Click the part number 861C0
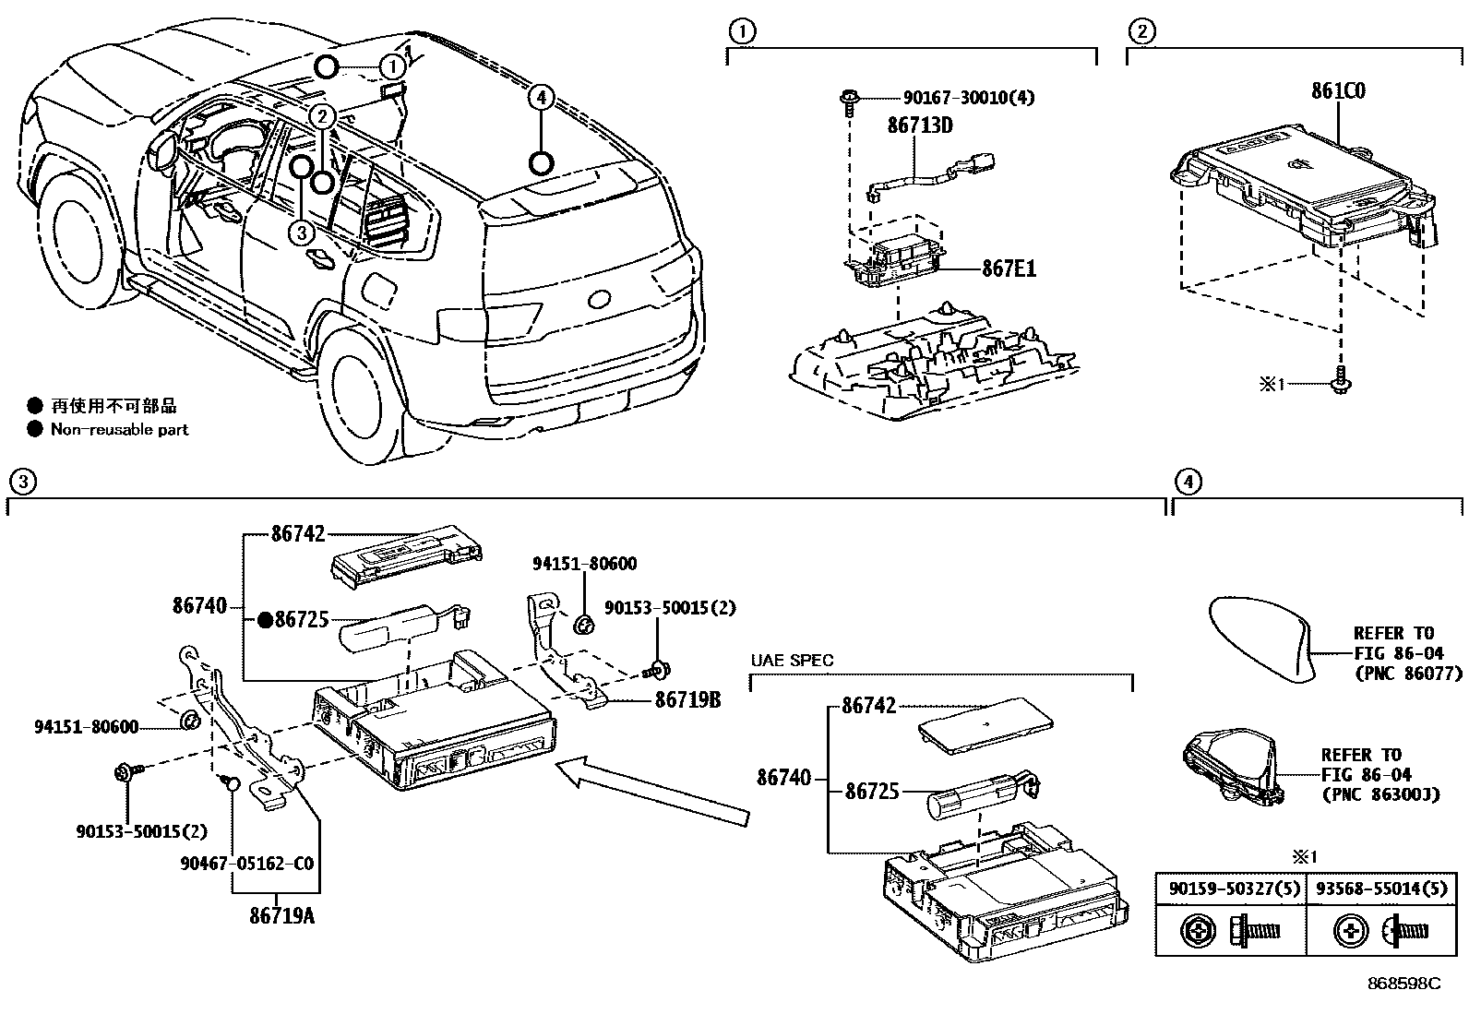click(x=1338, y=91)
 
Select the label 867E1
click(x=1009, y=268)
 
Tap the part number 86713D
click(x=919, y=125)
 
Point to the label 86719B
click(x=687, y=700)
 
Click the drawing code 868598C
click(x=1403, y=984)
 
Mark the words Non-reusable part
click(x=119, y=429)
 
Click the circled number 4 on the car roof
click(x=542, y=96)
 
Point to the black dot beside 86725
click(x=264, y=620)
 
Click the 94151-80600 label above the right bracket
click(x=584, y=564)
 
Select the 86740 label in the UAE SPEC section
click(x=783, y=778)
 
